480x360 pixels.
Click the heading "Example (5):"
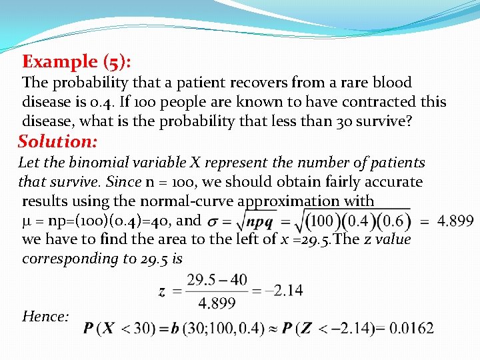click(77, 62)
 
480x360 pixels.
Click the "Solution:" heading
click(58, 141)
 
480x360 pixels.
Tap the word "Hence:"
click(45, 317)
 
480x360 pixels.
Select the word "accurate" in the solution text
click(393, 181)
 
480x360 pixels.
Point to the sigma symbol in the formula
click(213, 221)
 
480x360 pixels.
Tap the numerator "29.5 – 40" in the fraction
click(217, 279)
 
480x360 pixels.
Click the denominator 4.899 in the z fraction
click(217, 303)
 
